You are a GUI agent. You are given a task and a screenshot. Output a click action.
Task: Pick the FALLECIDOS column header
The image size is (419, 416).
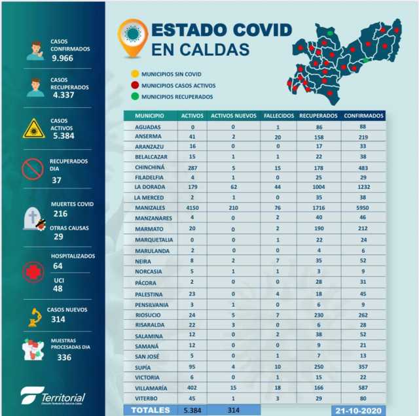[278, 116]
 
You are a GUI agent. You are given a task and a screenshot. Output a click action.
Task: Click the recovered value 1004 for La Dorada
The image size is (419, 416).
[319, 186]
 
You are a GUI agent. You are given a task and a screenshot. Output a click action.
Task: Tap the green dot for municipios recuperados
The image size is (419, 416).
[134, 96]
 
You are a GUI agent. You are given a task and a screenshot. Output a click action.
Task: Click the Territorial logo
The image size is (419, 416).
[52, 396]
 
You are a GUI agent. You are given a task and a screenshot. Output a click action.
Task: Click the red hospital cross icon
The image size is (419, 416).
[33, 271]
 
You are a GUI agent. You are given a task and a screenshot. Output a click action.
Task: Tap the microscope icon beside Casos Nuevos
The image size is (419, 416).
[33, 317]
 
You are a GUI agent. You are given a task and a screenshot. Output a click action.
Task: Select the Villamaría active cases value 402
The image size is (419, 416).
[192, 389]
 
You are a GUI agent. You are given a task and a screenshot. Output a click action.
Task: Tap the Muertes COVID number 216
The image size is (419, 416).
[60, 214]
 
